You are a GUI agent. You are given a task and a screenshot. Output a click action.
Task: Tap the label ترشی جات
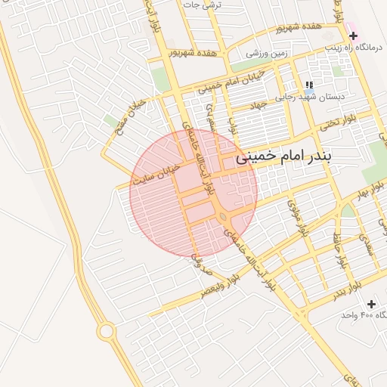[x=200, y=5]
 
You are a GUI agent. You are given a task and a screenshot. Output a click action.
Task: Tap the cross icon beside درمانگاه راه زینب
[x=353, y=35]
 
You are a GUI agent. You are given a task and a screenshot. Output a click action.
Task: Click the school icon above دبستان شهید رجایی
[x=308, y=85]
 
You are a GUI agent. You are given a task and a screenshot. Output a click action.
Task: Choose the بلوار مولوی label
[x=296, y=215]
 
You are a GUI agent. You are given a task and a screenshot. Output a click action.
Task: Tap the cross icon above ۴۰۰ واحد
[x=370, y=303]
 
